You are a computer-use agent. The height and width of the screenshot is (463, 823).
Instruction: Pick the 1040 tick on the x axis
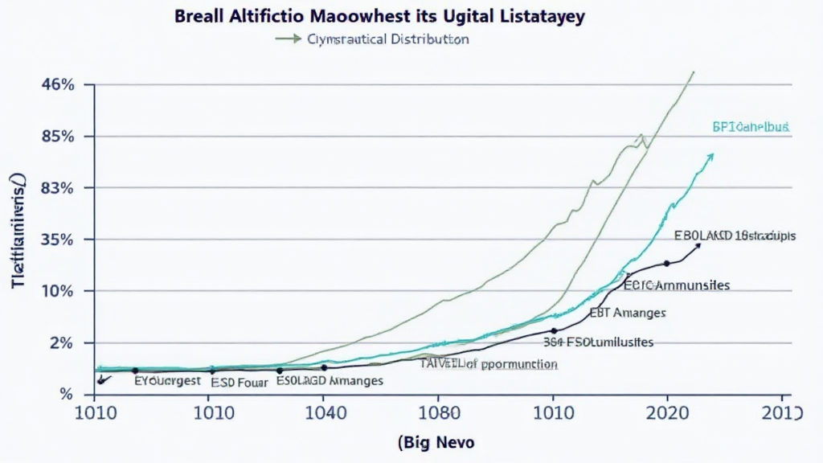coord(322,413)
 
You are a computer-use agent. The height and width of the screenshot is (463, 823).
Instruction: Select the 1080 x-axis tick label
coord(437,413)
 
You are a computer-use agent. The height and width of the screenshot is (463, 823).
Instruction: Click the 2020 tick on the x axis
coord(665,413)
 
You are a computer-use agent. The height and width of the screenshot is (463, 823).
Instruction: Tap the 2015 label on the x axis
coord(780,413)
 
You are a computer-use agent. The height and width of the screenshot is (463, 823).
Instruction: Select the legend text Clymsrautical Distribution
coord(388,39)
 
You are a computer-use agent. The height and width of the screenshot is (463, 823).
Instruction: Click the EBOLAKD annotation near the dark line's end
coord(735,236)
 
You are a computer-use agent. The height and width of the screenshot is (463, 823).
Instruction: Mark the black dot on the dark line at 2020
coord(666,264)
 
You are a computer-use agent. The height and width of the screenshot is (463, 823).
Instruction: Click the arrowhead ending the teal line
coord(710,156)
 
